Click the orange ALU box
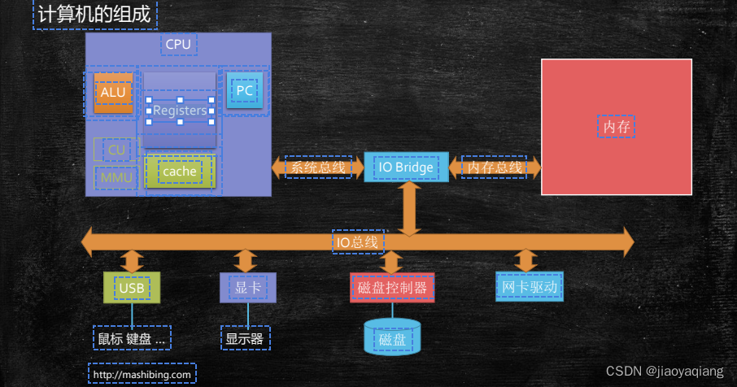(112, 92)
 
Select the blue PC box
(244, 90)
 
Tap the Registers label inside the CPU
(180, 111)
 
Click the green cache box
(179, 172)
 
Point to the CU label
(116, 150)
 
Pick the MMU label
(116, 176)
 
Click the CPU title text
(178, 44)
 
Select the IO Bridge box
(406, 167)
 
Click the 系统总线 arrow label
(318, 167)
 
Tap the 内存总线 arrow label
(494, 167)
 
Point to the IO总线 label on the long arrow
(358, 241)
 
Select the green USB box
(132, 287)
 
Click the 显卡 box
(248, 287)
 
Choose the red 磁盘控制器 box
(392, 287)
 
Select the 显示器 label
(245, 338)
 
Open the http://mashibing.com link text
(142, 374)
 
